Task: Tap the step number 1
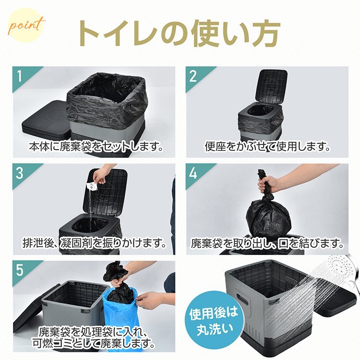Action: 20,76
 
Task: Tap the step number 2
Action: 193,76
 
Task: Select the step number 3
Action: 20,173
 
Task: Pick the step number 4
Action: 193,173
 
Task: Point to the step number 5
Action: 20,270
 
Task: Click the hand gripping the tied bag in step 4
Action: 271,182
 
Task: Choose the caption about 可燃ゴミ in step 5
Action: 96,339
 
